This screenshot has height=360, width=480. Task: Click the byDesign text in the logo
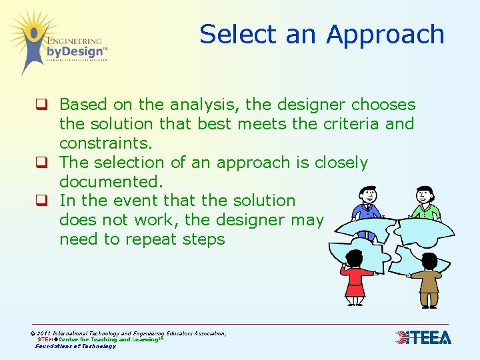pyautogui.click(x=75, y=51)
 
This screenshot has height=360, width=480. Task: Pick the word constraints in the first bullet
pyautogui.click(x=105, y=143)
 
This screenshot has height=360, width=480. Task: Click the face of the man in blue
pyautogui.click(x=367, y=196)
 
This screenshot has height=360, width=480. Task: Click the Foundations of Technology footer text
pyautogui.click(x=75, y=346)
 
